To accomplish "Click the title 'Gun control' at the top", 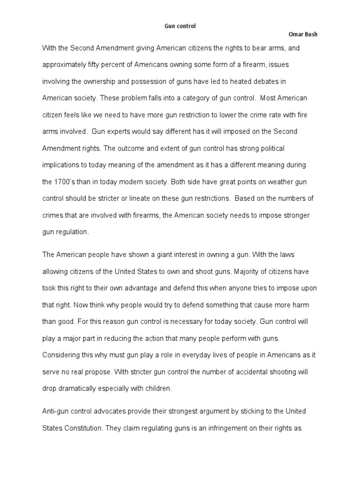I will pos(180,27).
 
